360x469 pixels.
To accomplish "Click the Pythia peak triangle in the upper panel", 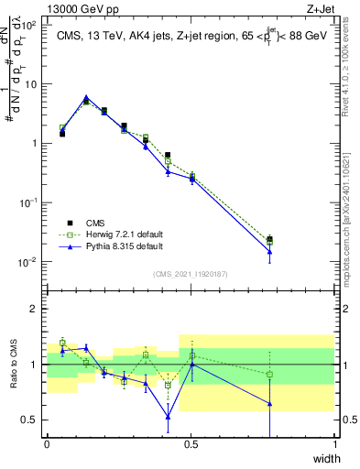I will pos(86,97).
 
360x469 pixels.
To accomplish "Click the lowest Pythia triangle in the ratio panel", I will pos(168,417).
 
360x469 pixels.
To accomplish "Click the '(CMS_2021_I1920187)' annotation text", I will pos(191,273).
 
